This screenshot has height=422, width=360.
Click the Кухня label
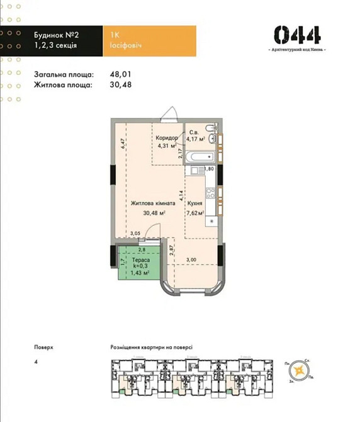pyautogui.click(x=194, y=203)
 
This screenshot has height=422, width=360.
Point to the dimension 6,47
pyautogui.click(x=123, y=143)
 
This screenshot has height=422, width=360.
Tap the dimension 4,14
pyautogui.click(x=181, y=196)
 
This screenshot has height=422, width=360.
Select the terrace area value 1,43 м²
pyautogui.click(x=140, y=273)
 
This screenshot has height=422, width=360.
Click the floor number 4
pyautogui.click(x=37, y=362)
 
